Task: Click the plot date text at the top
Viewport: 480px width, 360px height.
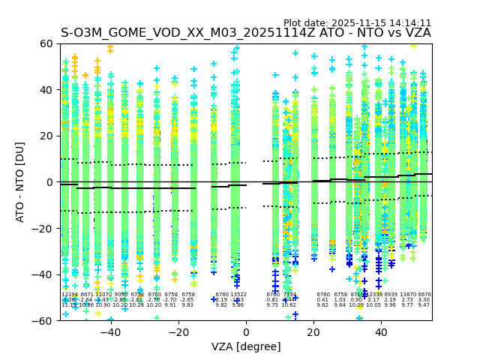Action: pyautogui.click(x=357, y=23)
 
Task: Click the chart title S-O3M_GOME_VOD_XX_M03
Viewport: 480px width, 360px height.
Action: pyautogui.click(x=246, y=33)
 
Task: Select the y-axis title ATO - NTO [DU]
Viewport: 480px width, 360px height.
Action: pyautogui.click(x=20, y=182)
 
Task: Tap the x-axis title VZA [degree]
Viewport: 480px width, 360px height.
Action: pyautogui.click(x=246, y=346)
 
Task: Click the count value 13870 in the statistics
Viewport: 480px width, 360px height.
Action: pyautogui.click(x=407, y=295)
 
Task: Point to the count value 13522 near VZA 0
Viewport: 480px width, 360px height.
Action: pyautogui.click(x=238, y=295)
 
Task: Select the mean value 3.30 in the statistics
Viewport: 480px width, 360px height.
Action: pyautogui.click(x=424, y=300)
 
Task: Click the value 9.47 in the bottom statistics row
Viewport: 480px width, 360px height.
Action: pyautogui.click(x=424, y=305)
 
